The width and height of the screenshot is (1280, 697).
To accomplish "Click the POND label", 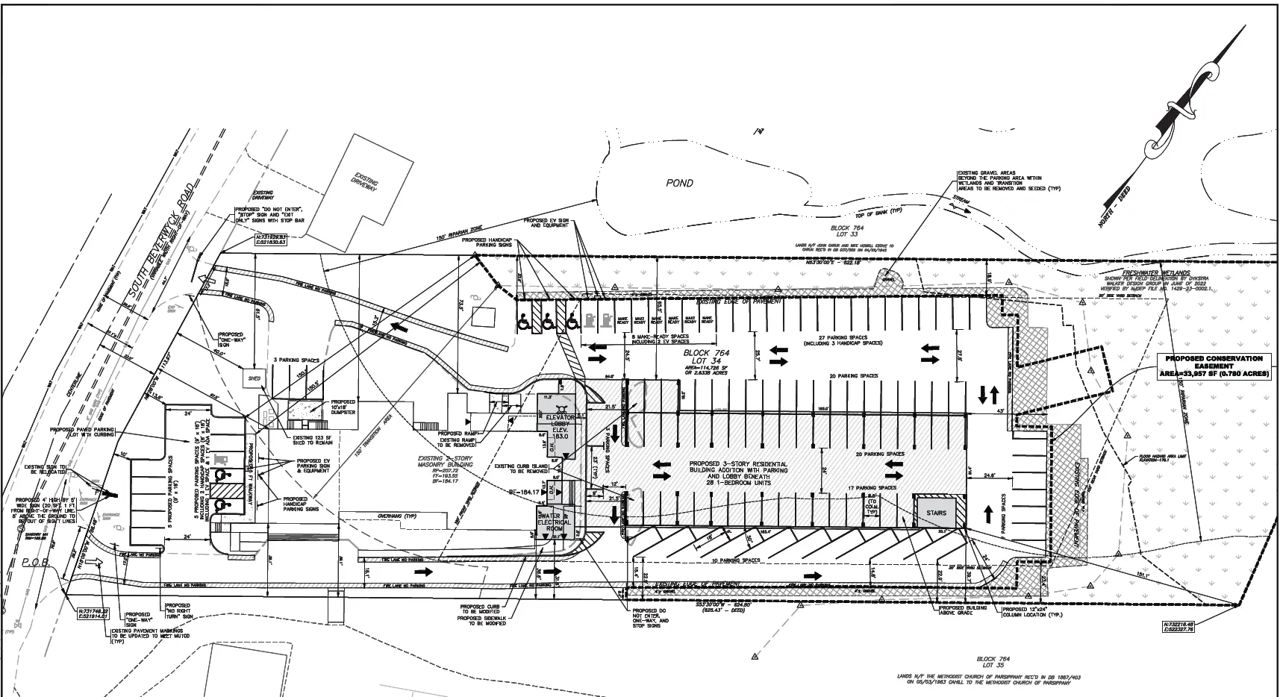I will pos(679,183).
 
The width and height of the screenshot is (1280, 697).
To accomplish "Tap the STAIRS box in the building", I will pos(936,513).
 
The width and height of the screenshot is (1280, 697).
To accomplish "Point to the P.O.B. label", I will pos(35,563).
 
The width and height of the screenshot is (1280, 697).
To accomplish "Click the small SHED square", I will pos(254,379).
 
